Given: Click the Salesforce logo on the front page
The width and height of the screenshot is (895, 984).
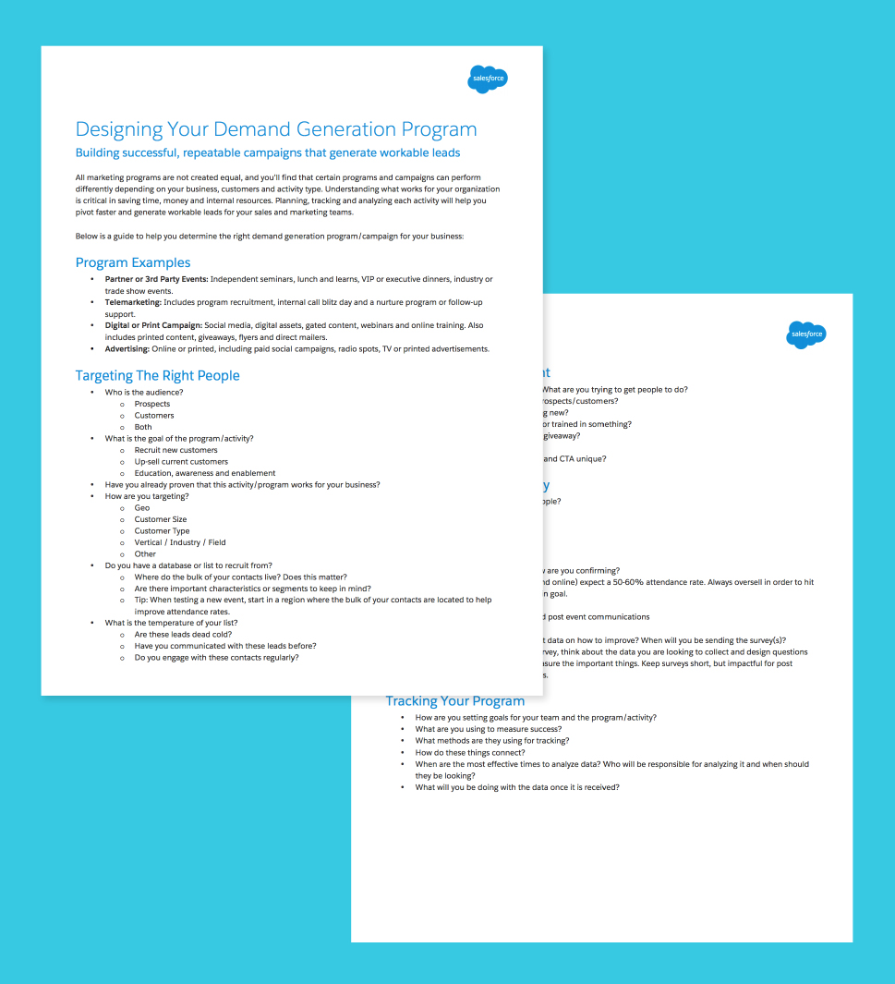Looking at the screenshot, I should coord(488,79).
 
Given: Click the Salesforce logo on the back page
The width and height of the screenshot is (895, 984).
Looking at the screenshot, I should coord(805,334).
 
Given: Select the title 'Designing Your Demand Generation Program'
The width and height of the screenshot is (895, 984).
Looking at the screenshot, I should coord(276,129).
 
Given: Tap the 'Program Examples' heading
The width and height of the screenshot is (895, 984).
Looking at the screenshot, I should coord(133,262).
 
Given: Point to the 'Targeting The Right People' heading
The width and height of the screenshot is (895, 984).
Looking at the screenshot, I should coord(157,375).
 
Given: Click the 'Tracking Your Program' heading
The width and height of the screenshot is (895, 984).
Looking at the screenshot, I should coord(454,700).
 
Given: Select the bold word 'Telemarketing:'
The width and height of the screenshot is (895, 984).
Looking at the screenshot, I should coord(132,302).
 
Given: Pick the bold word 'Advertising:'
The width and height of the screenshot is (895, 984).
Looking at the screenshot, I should coord(127,349).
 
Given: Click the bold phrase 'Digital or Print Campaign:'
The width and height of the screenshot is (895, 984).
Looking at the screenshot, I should coord(153,325).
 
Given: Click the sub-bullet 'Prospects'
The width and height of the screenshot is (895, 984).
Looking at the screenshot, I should coord(152,404).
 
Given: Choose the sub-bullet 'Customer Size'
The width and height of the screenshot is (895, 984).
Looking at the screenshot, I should coord(161,519).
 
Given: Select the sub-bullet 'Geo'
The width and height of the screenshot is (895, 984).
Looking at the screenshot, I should coord(142,508).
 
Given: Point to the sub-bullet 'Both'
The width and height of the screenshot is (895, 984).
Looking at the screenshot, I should coord(143,427).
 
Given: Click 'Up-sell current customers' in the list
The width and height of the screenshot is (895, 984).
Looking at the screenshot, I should coord(181,461).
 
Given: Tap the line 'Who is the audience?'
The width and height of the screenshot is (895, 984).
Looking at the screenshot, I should coord(144,392).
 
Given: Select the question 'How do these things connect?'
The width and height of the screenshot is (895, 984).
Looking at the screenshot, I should coord(471,753).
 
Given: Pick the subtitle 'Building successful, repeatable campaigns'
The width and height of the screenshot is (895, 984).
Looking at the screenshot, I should coord(268,152).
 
